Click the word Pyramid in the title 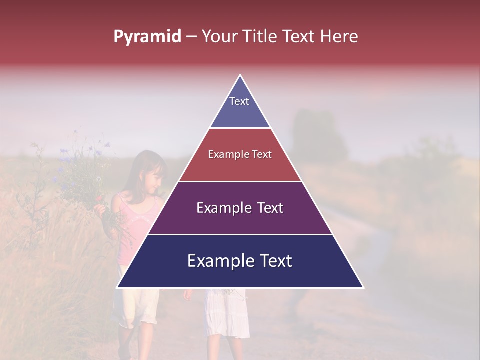pyautogui.click(x=147, y=37)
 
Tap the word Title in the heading pyautogui.click(x=260, y=37)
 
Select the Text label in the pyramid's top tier pyautogui.click(x=239, y=101)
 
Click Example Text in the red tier pyautogui.click(x=240, y=155)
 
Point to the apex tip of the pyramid pyautogui.click(x=240, y=76)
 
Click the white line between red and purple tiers pyautogui.click(x=240, y=181)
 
